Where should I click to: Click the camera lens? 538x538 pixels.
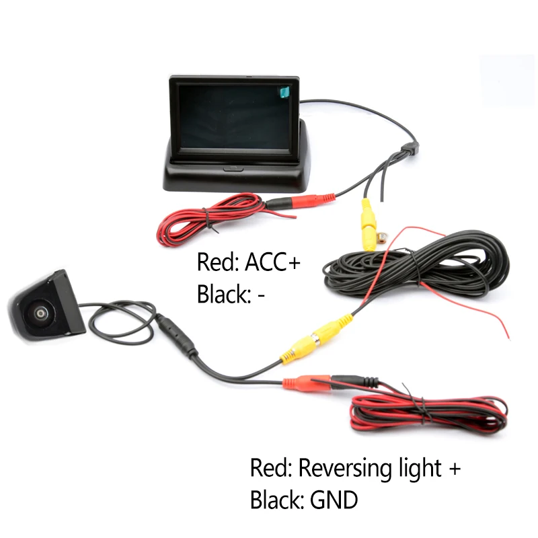tap(41, 313)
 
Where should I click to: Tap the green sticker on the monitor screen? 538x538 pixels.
tap(284, 92)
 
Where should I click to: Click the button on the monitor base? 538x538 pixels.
tap(233, 169)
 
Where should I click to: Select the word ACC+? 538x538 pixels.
tap(272, 262)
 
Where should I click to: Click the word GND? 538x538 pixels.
tap(334, 500)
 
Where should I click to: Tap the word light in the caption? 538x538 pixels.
tap(420, 468)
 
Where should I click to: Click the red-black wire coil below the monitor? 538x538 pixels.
tap(208, 220)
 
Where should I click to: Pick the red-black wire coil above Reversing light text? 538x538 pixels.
tap(428, 414)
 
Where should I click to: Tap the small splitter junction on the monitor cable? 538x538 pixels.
tap(410, 148)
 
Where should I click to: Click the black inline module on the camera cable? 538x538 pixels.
tap(177, 336)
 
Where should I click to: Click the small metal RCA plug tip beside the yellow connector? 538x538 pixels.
tap(381, 237)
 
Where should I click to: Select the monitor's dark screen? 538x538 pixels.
tap(235, 116)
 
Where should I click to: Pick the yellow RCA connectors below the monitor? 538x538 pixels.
tap(368, 225)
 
